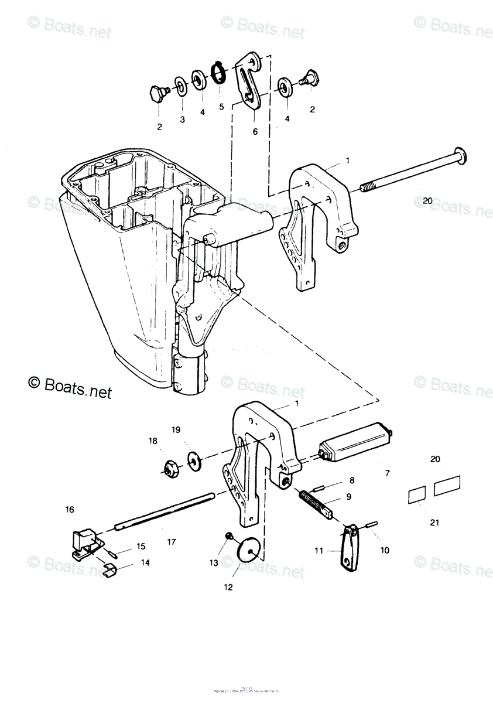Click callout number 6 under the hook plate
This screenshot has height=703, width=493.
tap(255, 132)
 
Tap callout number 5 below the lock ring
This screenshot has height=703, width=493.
tap(222, 107)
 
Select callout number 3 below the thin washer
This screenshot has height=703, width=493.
tap(182, 120)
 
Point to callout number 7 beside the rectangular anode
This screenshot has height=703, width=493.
tap(386, 473)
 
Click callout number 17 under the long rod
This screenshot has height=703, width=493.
tap(171, 542)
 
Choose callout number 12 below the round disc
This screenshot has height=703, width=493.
tap(228, 587)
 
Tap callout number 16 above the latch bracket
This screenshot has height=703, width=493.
tap(70, 510)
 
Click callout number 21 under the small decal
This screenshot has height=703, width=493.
tap(434, 523)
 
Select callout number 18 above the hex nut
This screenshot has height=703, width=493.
tap(153, 441)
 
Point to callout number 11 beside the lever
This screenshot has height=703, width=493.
tap(319, 551)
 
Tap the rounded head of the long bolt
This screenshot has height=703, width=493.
tap(460, 156)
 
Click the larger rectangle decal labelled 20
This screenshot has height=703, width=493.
tap(447, 485)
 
